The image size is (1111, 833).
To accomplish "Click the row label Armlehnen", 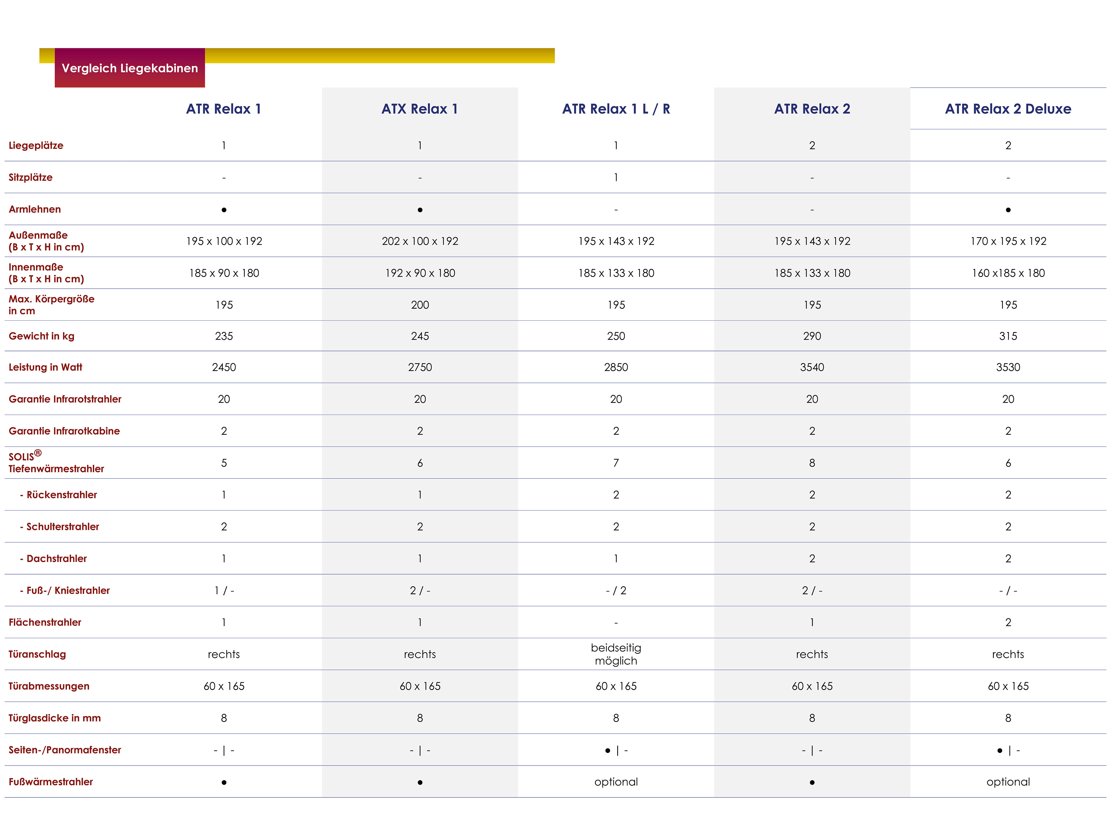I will pyautogui.click(x=35, y=209).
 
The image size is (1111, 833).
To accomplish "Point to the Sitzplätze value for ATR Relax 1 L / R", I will pyautogui.click(x=616, y=177).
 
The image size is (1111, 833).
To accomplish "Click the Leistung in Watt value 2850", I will pyautogui.click(x=616, y=367).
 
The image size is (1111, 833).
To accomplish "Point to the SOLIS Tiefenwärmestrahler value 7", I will pyautogui.click(x=616, y=463).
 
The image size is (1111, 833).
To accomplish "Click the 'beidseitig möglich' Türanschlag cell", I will pyautogui.click(x=616, y=654).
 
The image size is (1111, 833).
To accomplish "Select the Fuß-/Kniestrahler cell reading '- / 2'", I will pyautogui.click(x=616, y=591).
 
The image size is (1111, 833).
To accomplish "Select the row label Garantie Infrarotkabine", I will pyautogui.click(x=64, y=431).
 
